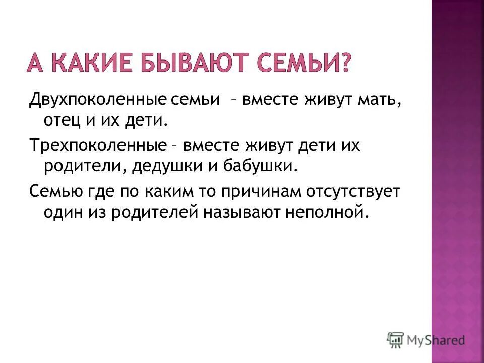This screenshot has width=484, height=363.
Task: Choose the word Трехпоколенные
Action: click(97, 146)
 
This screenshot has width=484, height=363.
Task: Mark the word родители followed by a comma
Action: click(84, 167)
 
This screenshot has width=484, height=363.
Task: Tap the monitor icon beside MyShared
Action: click(396, 339)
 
